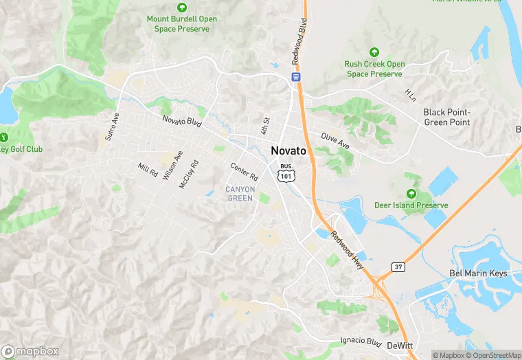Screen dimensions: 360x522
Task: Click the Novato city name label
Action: point(288,151)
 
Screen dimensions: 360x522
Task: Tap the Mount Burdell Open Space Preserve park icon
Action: point(182,8)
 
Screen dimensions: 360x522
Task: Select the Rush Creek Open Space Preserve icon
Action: point(374,52)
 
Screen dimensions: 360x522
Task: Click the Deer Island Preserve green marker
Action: point(411,194)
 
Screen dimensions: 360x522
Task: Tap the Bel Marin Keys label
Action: point(478,273)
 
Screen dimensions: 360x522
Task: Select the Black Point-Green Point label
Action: point(446,117)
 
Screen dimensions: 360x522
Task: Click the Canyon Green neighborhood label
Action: point(240,194)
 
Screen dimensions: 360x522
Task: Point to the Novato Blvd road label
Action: point(182,123)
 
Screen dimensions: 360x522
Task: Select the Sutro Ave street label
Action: point(112,127)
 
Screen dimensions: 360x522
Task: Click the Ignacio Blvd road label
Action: point(361,341)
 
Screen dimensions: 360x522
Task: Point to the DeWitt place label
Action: point(398,346)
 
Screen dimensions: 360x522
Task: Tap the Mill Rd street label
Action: point(148,169)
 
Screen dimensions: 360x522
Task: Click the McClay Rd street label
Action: point(189,175)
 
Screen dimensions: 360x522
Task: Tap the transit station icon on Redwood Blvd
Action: point(296,77)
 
